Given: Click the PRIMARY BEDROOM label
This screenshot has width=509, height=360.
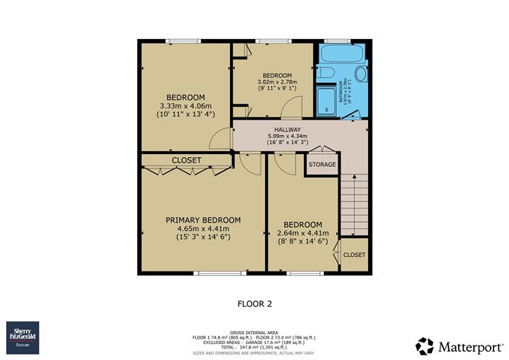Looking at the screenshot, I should point(203,220).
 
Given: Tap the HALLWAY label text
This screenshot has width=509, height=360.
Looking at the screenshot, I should point(287,130).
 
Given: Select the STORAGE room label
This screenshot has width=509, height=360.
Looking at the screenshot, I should point(322,164).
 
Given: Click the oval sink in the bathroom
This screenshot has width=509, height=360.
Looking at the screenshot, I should point(360,74).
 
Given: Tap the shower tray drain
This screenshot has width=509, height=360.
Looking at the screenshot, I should point(326,110).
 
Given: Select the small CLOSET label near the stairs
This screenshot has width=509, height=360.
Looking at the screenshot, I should point(354,255).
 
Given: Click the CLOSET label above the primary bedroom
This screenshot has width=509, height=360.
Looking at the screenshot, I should point(186,160).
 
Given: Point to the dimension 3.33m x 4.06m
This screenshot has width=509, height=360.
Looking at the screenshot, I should point(186,105).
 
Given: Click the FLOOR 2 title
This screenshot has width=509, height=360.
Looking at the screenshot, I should point(254,302).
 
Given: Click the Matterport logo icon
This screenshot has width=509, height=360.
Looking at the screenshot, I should point(424,345).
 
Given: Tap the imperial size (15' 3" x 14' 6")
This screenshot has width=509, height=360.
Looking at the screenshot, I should point(203,236).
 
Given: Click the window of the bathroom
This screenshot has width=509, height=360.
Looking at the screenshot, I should point(334,40).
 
